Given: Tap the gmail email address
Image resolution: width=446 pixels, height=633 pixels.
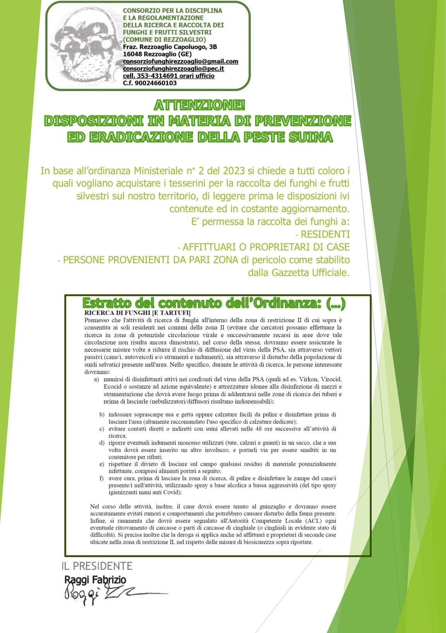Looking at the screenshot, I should [180, 62].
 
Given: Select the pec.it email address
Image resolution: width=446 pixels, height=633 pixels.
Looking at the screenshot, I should [173, 69].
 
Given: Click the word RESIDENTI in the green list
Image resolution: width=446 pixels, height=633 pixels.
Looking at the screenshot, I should [325, 234].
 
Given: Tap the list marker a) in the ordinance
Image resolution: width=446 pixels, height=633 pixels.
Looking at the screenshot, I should [96, 380].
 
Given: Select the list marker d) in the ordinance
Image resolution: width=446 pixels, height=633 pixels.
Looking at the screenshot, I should [102, 443].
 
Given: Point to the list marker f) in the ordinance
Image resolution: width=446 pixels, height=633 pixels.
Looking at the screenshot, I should [102, 478].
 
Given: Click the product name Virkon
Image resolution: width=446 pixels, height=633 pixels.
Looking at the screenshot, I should [304, 380].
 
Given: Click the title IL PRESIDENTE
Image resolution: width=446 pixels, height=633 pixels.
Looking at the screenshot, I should [97, 566].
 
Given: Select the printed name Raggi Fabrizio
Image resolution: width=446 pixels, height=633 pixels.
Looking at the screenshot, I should [95, 579].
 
